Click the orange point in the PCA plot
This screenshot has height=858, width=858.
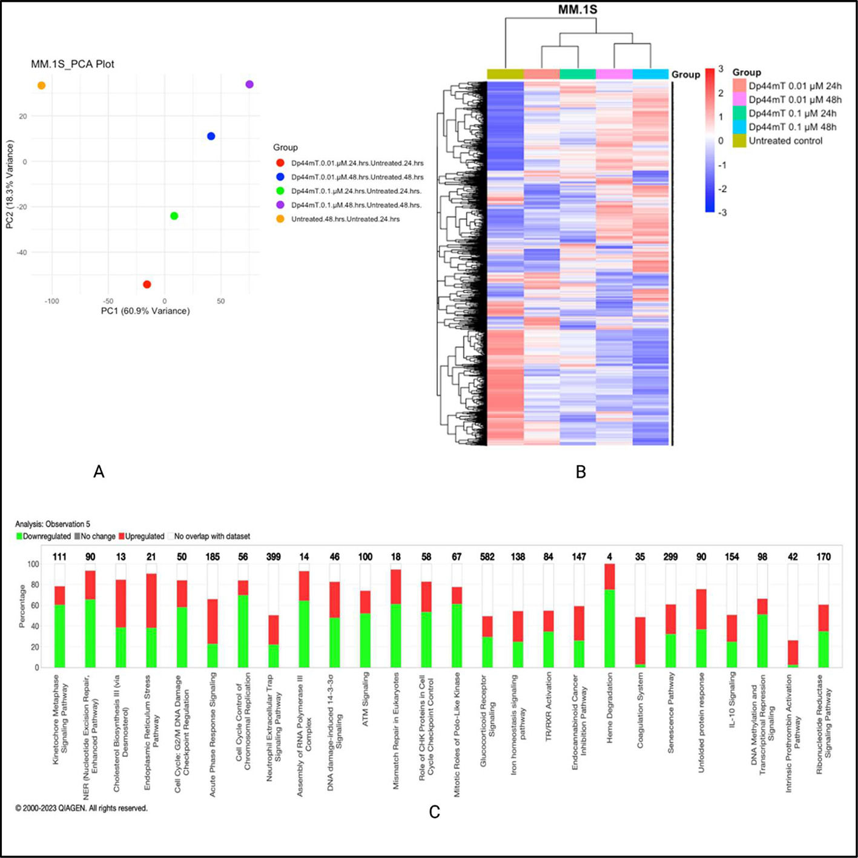pos(41,85)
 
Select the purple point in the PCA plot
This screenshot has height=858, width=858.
pos(249,84)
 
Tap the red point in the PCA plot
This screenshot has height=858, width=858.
pos(147,284)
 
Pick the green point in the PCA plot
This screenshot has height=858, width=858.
pos(174,216)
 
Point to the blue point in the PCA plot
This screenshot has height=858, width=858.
pos(211,136)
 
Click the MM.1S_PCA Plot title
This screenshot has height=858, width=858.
pos(73,64)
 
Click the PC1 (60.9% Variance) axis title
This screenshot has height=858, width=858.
pos(145,311)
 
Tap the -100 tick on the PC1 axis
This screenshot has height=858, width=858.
pos(51,301)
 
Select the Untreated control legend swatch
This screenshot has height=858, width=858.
pos(739,140)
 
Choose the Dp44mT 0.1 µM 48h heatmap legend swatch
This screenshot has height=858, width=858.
pos(739,127)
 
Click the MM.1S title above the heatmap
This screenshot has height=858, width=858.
pos(578,10)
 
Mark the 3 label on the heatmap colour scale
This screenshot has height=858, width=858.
pos(721,70)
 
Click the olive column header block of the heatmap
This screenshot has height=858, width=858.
pos(505,74)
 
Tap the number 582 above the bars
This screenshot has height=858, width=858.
pos(487,557)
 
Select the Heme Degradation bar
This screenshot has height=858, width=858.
pos(610,616)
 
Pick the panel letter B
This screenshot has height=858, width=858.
pos(581,472)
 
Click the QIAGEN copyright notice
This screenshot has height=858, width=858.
pos(81,808)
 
